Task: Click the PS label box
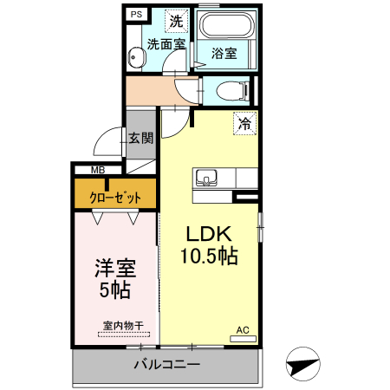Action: [x=135, y=15]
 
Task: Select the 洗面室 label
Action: [x=165, y=43]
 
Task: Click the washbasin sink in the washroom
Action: [x=135, y=58]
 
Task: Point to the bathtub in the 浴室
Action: [x=224, y=25]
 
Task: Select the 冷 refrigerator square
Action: [x=245, y=123]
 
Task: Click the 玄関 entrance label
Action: [x=141, y=137]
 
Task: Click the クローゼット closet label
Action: [x=115, y=197]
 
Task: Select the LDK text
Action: [x=205, y=234]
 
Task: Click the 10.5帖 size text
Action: [x=209, y=257]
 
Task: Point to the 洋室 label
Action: [x=114, y=268]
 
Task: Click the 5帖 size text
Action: [x=114, y=291]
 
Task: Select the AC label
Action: [x=242, y=329]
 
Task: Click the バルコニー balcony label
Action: [x=166, y=365]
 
